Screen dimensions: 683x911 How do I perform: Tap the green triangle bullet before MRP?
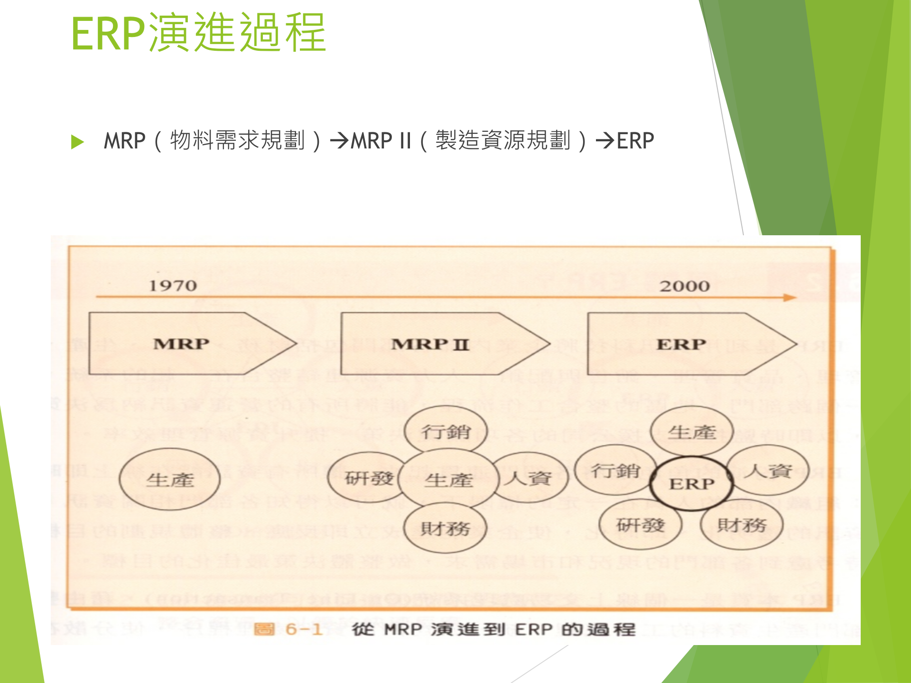(77, 142)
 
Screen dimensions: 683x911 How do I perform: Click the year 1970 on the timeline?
(173, 286)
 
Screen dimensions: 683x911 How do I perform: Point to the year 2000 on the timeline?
(684, 286)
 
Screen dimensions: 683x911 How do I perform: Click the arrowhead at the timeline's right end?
(790, 298)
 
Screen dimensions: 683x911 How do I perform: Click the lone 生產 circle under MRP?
(170, 480)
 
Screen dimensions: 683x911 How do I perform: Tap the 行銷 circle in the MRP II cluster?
(446, 431)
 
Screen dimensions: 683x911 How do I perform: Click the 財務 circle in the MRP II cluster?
(446, 527)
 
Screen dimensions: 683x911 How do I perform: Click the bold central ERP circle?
(691, 484)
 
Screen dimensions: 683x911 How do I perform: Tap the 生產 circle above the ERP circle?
(691, 432)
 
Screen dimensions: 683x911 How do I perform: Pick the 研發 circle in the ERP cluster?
(640, 525)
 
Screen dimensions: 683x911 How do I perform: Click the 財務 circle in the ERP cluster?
(742, 525)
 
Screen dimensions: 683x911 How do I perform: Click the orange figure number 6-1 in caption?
(304, 629)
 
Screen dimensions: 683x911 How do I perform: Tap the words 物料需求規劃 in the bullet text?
(237, 141)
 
